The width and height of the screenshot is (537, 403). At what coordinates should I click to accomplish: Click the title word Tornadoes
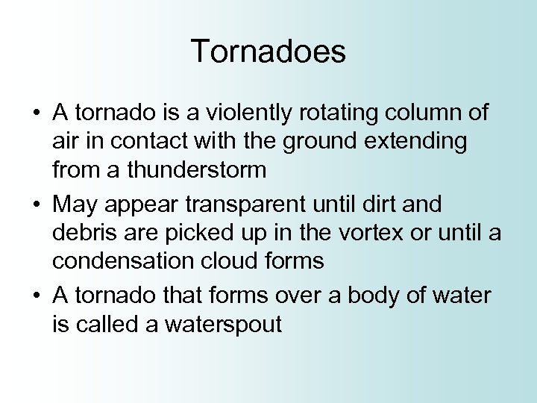(x=268, y=52)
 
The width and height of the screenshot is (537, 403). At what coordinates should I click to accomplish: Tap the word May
(x=74, y=204)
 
